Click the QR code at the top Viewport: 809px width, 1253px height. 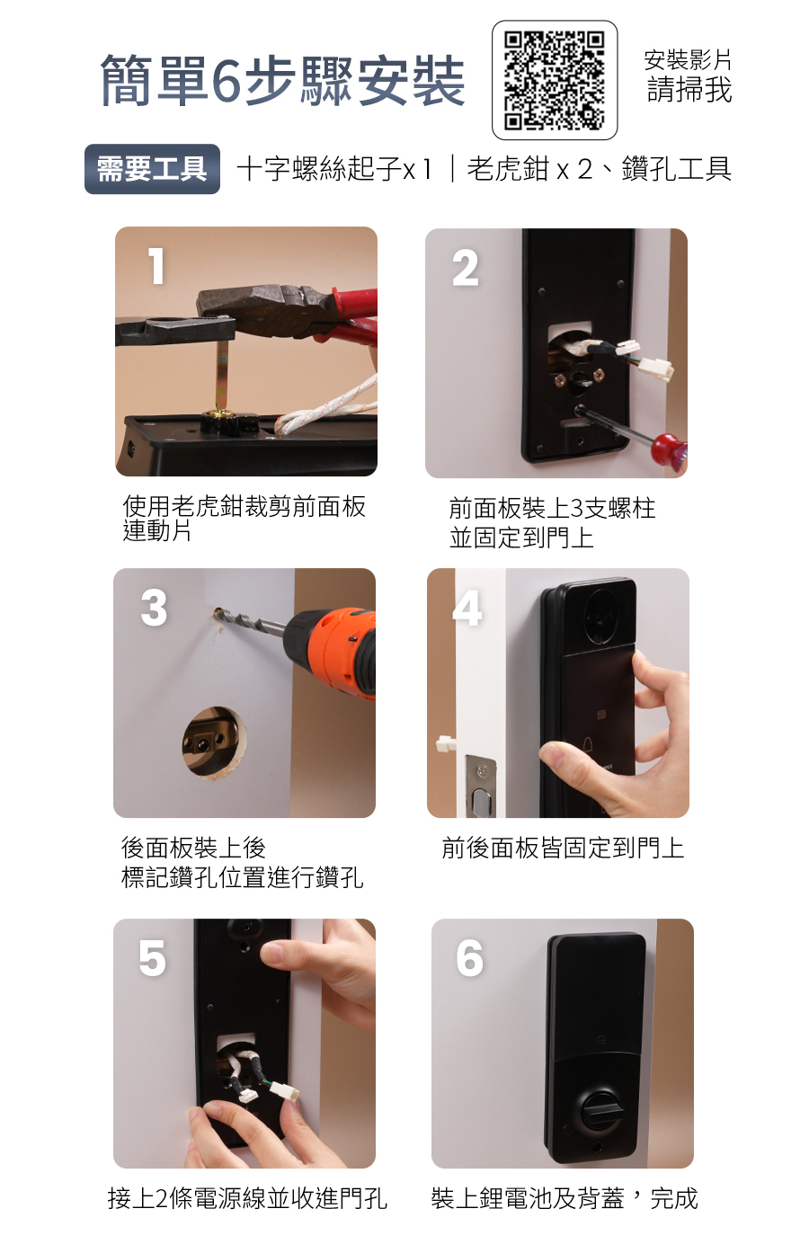tap(555, 80)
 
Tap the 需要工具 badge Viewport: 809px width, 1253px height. tap(152, 169)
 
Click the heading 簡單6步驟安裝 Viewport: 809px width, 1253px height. tap(283, 81)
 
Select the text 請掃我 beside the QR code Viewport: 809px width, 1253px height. tap(689, 90)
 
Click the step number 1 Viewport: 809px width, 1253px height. tap(157, 266)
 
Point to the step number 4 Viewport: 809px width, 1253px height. tap(467, 609)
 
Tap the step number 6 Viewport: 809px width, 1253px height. tap(469, 958)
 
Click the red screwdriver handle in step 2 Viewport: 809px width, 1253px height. tap(669, 448)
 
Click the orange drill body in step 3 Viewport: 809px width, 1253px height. tap(333, 651)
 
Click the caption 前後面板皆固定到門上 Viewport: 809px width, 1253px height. tap(563, 848)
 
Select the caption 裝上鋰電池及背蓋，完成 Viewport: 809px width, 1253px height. tap(565, 1199)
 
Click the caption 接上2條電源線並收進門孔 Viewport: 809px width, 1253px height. tap(247, 1199)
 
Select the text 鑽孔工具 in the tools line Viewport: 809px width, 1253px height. tap(676, 169)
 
